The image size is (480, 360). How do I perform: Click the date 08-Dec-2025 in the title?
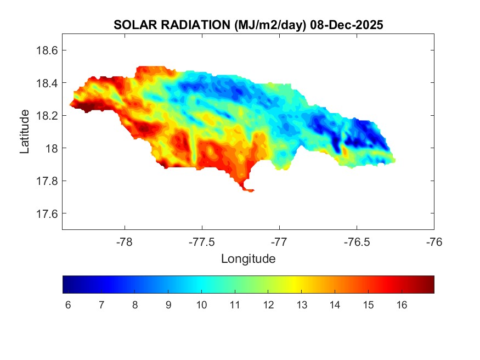click(x=346, y=25)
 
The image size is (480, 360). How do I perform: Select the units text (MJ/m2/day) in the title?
click(x=269, y=25)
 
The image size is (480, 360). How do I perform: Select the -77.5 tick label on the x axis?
click(x=202, y=241)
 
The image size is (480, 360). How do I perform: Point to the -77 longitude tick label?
click(x=280, y=241)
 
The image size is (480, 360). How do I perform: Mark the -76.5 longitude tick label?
click(x=357, y=241)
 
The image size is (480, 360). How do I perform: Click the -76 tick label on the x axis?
click(x=434, y=241)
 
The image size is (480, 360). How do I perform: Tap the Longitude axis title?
click(x=248, y=258)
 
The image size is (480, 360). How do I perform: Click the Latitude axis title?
click(x=25, y=132)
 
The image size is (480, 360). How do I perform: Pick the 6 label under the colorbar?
click(x=68, y=305)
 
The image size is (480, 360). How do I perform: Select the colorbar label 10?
click(x=201, y=305)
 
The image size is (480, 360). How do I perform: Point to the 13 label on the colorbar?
click(x=302, y=305)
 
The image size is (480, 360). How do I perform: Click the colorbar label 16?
click(x=402, y=305)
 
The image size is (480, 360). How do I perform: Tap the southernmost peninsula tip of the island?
click(x=250, y=190)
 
